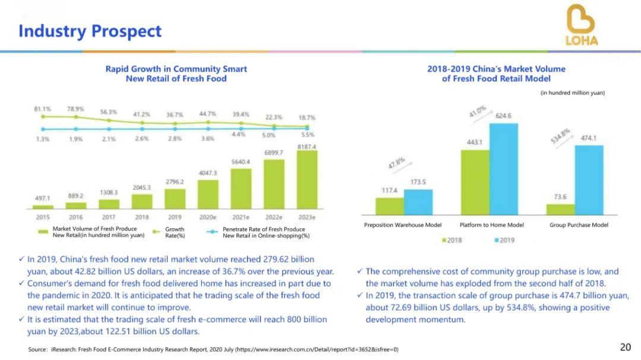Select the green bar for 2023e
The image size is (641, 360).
click(x=307, y=180)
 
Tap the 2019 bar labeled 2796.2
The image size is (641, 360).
click(x=174, y=199)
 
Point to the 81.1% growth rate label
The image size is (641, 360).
click(x=42, y=109)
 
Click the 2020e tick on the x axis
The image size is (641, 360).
click(x=208, y=218)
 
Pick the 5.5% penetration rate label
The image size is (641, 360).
click(x=307, y=135)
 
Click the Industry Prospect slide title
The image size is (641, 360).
click(x=90, y=31)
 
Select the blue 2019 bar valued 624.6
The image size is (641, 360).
click(x=504, y=169)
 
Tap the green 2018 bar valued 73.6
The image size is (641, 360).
click(x=560, y=209)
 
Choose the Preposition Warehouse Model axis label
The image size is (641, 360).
click(x=402, y=225)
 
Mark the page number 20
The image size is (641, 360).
click(x=625, y=348)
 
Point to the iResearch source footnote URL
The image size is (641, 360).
click(x=317, y=349)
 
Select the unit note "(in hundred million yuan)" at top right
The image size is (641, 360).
click(x=572, y=93)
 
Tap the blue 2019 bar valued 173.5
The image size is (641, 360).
click(x=418, y=202)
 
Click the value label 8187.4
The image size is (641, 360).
click(x=307, y=146)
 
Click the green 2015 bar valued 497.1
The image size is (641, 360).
click(x=43, y=207)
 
